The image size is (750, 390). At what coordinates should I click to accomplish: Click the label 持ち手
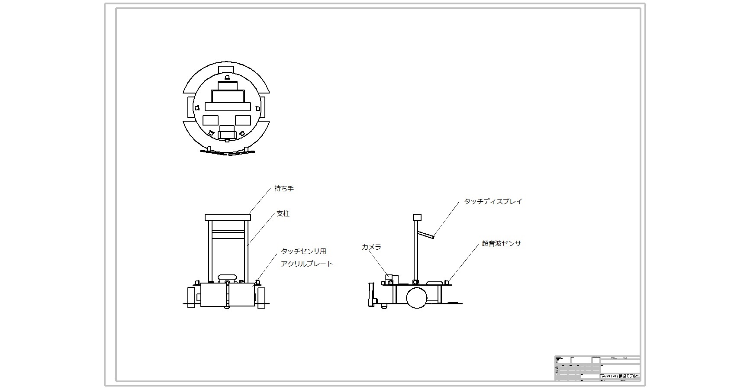click(x=284, y=189)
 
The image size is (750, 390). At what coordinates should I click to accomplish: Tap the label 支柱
click(x=283, y=214)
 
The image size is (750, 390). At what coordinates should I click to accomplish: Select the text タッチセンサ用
click(x=303, y=251)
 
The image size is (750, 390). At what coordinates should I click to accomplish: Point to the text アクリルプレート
click(x=306, y=264)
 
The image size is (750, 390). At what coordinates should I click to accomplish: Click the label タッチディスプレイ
click(x=493, y=201)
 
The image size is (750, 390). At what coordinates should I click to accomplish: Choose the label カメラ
click(x=371, y=247)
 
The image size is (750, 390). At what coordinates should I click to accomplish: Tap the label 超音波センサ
click(x=501, y=244)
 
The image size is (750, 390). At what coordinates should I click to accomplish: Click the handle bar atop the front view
click(x=228, y=217)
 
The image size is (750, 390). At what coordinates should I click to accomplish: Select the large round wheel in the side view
click(x=416, y=297)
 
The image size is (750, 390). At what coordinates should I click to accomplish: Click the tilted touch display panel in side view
click(x=426, y=235)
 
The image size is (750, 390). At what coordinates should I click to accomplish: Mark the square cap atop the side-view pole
click(x=417, y=217)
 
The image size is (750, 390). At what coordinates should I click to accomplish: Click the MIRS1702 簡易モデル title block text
click(x=620, y=376)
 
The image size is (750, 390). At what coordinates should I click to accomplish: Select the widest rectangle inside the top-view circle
click(x=228, y=106)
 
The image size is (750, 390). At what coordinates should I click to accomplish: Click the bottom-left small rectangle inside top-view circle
click(x=211, y=120)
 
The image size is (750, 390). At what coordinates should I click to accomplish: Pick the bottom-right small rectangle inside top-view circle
click(x=243, y=120)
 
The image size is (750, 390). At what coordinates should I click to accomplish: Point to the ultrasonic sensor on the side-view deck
click(x=446, y=282)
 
